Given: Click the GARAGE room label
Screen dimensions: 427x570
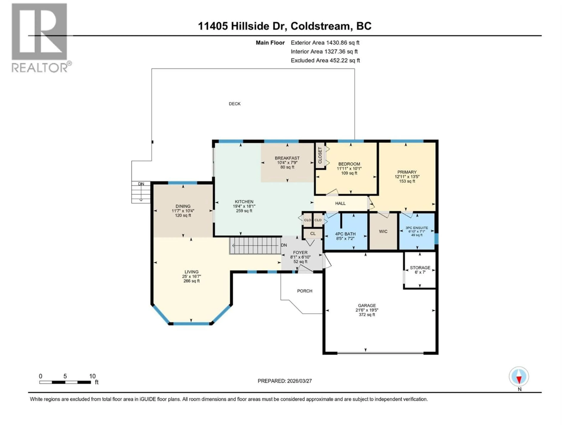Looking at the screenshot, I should click(367, 306).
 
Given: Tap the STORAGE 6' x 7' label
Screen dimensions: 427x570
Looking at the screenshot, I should click(420, 270).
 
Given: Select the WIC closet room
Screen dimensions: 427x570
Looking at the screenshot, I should click(383, 231).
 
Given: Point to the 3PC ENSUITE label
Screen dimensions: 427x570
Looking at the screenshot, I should click(417, 228).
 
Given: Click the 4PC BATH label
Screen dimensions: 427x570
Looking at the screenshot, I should click(345, 234).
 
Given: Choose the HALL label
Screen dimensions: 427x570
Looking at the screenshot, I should click(340, 203).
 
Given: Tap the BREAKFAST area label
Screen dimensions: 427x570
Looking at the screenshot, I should click(287, 158).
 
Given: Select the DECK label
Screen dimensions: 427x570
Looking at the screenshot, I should click(235, 104).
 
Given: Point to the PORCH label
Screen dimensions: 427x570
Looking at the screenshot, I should click(305, 291).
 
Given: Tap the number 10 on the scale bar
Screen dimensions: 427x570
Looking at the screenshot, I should click(92, 376).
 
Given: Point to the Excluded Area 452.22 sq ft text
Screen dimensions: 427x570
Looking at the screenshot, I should click(325, 60).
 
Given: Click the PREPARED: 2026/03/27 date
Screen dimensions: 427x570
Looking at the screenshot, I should click(285, 381).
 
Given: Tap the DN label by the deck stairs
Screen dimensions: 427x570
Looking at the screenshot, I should click(141, 184).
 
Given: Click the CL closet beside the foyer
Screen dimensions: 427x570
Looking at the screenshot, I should click(313, 234).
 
